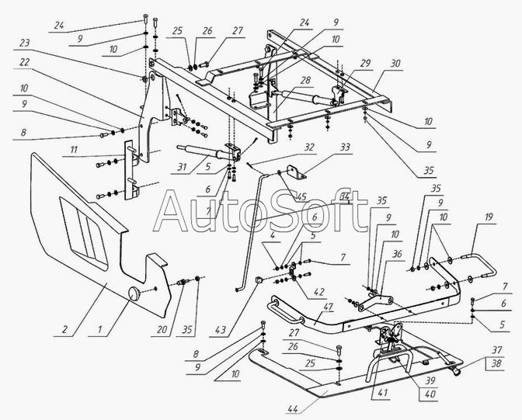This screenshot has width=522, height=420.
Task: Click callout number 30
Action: click(x=395, y=62)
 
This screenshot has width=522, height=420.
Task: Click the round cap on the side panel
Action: click(x=136, y=294)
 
